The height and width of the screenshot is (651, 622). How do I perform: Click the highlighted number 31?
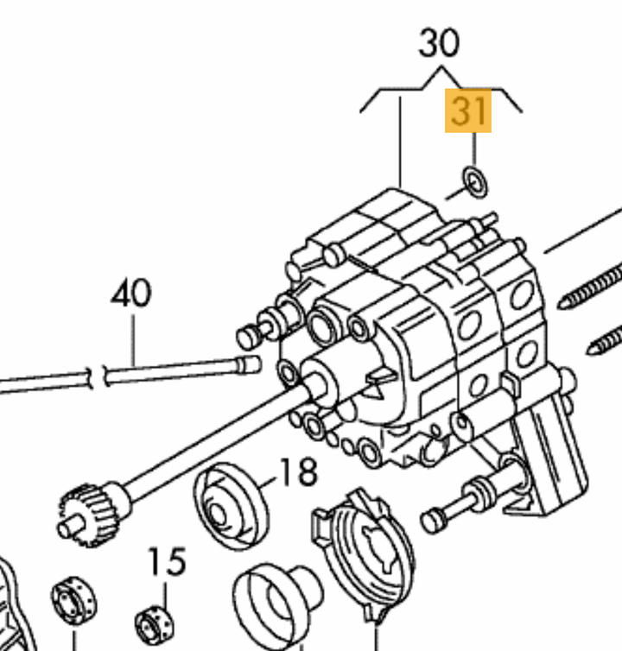[468, 111]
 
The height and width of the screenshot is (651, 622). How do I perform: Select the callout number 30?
[439, 43]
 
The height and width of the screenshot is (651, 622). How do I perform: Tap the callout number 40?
[131, 293]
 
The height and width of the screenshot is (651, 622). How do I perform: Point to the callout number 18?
[299, 472]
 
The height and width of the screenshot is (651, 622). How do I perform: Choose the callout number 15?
[167, 561]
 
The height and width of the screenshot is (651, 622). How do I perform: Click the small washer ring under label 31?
[475, 183]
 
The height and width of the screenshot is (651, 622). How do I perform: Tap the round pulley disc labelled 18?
[231, 506]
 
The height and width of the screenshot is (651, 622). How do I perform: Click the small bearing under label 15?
[155, 625]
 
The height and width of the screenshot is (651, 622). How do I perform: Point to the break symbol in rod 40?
[98, 377]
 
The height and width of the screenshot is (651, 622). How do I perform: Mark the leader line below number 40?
[133, 340]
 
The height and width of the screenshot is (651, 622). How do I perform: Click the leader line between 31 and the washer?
[474, 149]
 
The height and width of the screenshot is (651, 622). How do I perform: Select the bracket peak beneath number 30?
[441, 66]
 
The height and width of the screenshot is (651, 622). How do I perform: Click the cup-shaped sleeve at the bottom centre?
[276, 606]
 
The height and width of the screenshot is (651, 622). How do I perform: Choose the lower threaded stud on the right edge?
[604, 340]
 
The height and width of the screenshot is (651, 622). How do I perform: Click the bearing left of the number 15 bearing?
[73, 600]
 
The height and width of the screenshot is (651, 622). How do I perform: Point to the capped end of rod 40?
[249, 365]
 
